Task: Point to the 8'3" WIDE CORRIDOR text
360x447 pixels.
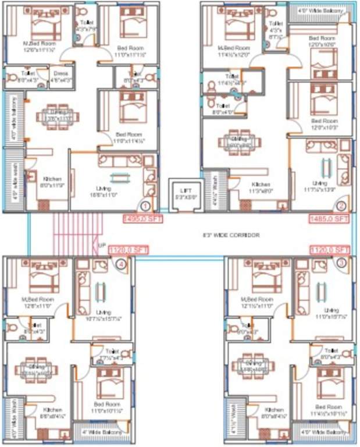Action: (x=230, y=235)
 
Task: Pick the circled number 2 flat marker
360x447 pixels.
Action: (x=341, y=205)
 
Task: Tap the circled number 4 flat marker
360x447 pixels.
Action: (x=120, y=264)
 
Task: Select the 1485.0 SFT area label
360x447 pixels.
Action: (x=328, y=219)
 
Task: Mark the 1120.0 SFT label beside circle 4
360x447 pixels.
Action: (x=129, y=250)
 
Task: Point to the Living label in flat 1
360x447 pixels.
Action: (x=105, y=188)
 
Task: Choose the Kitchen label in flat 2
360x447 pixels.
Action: (x=261, y=184)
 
